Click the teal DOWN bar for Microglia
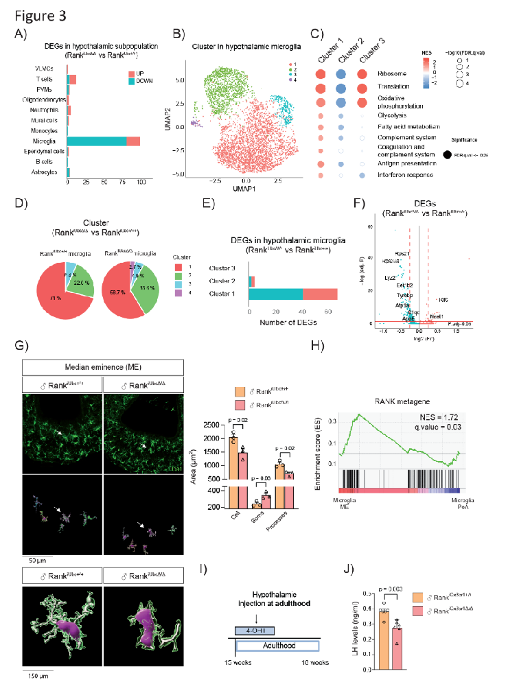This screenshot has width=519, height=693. pos(97,141)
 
